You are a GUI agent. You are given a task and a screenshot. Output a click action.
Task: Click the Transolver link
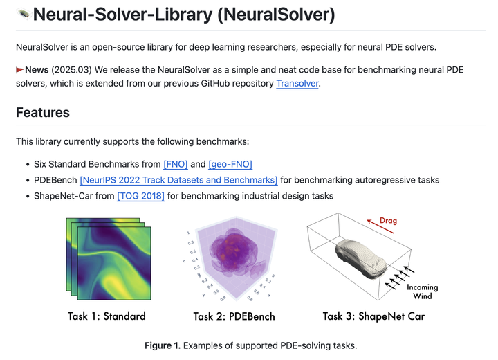[x=297, y=84]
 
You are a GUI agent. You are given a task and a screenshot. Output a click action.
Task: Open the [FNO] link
[x=176, y=164]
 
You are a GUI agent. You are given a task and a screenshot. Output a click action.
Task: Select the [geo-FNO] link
[x=230, y=164]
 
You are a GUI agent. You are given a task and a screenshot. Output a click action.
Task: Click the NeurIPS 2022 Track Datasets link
[x=178, y=180]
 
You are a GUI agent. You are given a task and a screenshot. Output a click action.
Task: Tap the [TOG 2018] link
[x=141, y=196]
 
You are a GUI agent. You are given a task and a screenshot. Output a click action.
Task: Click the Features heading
[x=43, y=113]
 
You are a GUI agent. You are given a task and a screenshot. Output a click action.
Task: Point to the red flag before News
[x=20, y=70]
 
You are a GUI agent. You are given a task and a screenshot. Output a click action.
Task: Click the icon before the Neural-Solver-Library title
[x=22, y=14]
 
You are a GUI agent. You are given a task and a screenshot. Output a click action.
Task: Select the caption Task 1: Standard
[x=107, y=316]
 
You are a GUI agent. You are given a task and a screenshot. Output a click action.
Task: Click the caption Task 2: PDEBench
[x=234, y=316]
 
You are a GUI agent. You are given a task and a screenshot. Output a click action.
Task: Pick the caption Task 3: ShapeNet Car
[x=373, y=316]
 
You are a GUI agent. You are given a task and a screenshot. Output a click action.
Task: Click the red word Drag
[x=389, y=222]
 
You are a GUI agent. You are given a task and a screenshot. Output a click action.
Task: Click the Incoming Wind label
[x=422, y=291]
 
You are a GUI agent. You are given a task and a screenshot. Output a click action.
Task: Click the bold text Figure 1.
[x=162, y=345]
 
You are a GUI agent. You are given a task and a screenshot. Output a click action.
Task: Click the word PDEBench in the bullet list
[x=55, y=180]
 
